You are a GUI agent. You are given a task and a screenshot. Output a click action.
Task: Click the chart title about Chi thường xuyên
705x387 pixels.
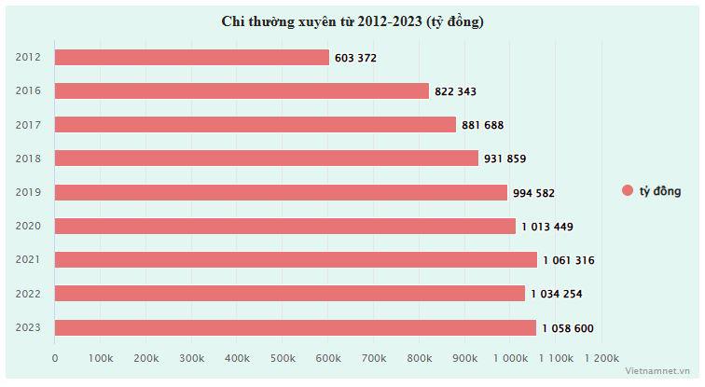pyautogui.click(x=352, y=21)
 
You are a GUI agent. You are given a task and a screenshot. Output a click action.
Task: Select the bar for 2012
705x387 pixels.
pyautogui.click(x=192, y=58)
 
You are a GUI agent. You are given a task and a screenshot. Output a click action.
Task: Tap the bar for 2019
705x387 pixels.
pyautogui.click(x=281, y=192)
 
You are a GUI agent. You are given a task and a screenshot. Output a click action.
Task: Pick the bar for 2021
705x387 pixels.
pyautogui.click(x=296, y=259)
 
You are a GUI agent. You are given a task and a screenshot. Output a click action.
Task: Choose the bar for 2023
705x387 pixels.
pyautogui.click(x=296, y=327)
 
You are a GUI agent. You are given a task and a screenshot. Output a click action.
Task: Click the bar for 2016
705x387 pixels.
pyautogui.click(x=242, y=91)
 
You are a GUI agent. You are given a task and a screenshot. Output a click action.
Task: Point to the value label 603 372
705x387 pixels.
pyautogui.click(x=354, y=58)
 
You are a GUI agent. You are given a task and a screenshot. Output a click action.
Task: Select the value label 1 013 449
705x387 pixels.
pyautogui.click(x=547, y=226)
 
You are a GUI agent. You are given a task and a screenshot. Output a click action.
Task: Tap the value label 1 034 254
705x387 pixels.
pyautogui.click(x=557, y=294)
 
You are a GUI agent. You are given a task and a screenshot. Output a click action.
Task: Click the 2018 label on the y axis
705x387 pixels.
pyautogui.click(x=28, y=159)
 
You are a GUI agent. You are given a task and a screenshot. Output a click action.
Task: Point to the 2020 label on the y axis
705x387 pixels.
pyautogui.click(x=28, y=226)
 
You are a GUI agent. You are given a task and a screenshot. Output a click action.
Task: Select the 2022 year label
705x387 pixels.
pyautogui.click(x=28, y=294)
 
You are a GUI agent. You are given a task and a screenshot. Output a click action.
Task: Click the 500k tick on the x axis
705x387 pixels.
pyautogui.click(x=283, y=358)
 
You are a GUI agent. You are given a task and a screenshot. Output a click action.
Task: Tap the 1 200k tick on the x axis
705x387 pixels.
pyautogui.click(x=601, y=358)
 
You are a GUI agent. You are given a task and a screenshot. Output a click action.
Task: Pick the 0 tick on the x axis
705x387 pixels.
pyautogui.click(x=55, y=358)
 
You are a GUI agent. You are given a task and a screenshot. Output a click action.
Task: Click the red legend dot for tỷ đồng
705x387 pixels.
pyautogui.click(x=628, y=191)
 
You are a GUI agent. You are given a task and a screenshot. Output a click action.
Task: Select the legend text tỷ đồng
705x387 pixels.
pyautogui.click(x=660, y=191)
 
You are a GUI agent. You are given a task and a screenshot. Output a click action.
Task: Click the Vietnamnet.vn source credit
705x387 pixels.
pyautogui.click(x=661, y=371)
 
